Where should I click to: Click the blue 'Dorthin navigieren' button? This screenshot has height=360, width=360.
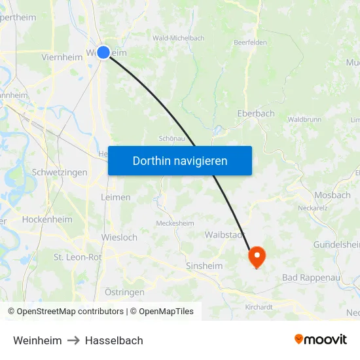tap(180, 161)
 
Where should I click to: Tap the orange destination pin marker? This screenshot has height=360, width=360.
tap(256, 257)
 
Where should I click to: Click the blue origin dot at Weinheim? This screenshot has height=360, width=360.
tap(103, 52)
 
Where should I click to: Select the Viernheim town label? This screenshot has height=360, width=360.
tap(61, 57)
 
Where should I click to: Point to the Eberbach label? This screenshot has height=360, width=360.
tap(256, 113)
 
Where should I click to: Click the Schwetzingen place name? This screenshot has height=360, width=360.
tap(59, 173)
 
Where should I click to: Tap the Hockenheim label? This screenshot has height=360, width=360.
tap(46, 220)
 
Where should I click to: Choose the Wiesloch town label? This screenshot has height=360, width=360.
tap(119, 237)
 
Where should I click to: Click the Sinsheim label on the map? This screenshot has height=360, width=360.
tap(204, 266)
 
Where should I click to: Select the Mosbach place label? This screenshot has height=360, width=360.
tap(333, 195)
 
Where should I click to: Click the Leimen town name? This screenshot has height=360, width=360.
tap(116, 197)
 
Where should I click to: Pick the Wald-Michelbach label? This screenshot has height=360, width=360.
tap(178, 38)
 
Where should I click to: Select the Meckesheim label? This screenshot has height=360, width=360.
tap(175, 223)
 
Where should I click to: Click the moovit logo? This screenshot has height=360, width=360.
tap(321, 340)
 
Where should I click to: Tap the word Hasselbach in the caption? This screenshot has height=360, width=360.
tap(113, 340)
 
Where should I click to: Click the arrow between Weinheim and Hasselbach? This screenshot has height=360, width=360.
tap(73, 340)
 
